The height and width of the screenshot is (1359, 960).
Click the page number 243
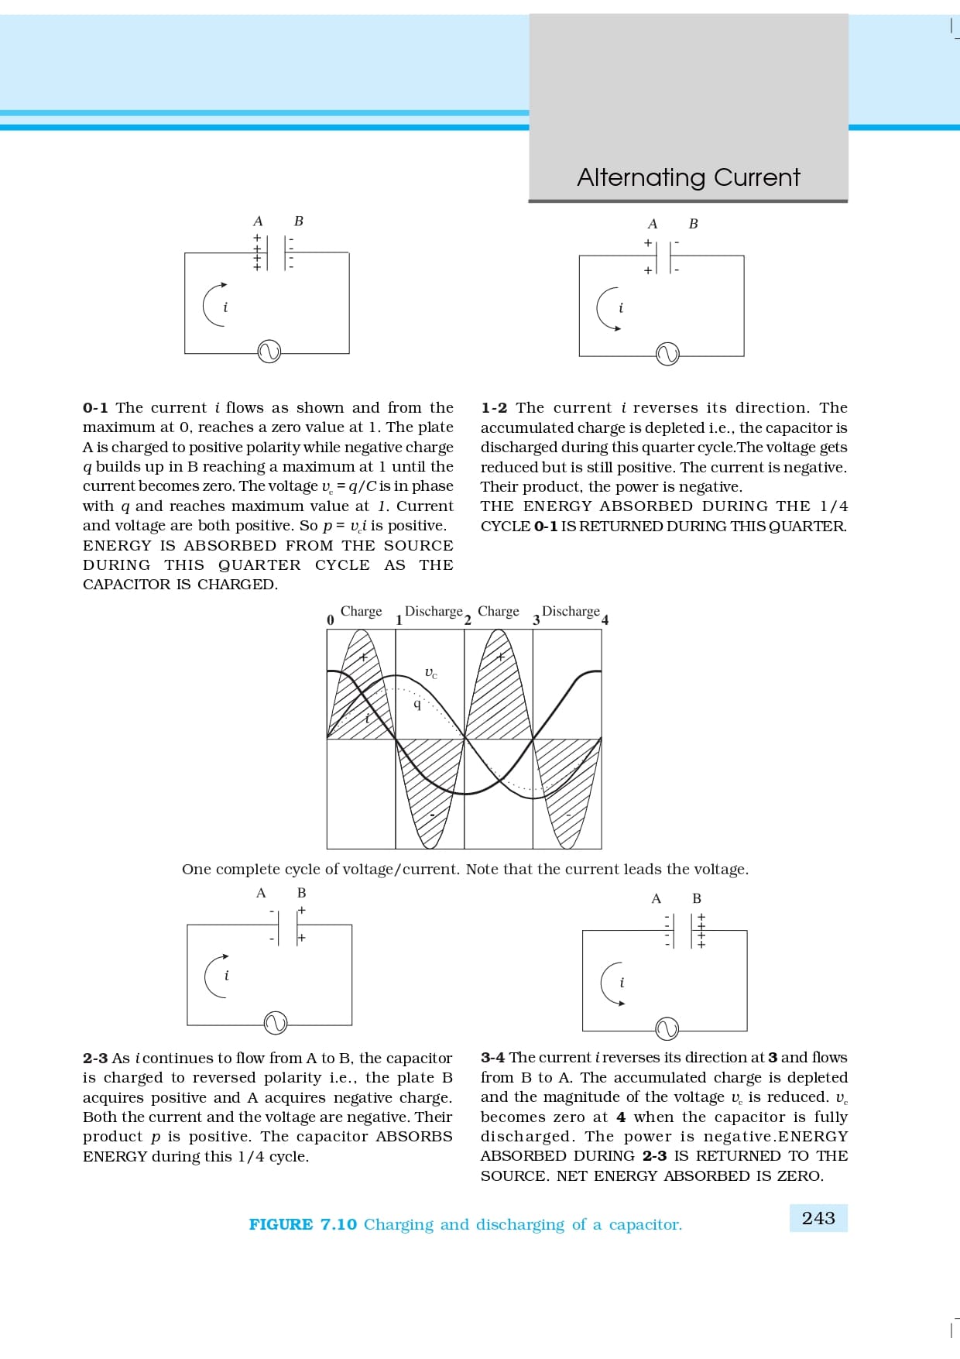point(818,1218)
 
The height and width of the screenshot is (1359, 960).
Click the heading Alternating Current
point(688,177)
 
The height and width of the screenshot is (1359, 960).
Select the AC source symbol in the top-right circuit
point(667,355)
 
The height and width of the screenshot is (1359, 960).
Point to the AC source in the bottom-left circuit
point(275,1023)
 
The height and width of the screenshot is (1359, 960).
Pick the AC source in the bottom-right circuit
point(667,1029)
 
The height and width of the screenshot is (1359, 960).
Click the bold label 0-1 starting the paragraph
point(95,408)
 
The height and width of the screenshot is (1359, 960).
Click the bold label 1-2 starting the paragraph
point(494,408)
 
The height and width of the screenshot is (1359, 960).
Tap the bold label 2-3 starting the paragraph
point(95,1059)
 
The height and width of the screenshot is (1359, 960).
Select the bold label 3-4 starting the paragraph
point(492,1058)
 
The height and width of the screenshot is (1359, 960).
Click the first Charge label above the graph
point(362,612)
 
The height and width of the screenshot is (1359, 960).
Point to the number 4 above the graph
point(605,619)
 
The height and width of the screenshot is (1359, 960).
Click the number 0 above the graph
point(331,619)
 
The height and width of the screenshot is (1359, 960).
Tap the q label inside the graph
point(417,704)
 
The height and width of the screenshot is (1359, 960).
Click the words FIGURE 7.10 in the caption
point(303,1224)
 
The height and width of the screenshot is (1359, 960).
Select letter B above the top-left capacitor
point(299,221)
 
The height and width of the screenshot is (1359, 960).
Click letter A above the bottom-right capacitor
point(657,898)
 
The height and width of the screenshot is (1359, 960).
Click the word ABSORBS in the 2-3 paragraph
point(414,1137)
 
